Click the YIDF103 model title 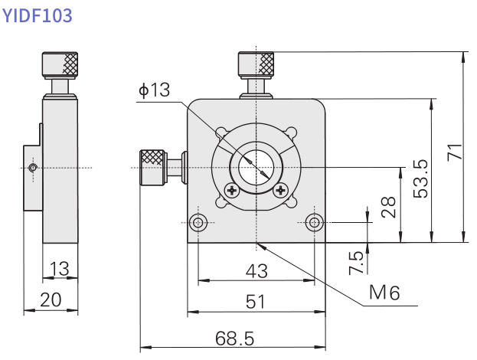[38, 15]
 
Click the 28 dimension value [389, 206]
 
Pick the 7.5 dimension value [357, 262]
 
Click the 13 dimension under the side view [59, 269]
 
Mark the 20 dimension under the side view [51, 300]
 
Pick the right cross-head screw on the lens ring [281, 190]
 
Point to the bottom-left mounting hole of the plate [199, 222]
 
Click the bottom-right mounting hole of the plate [312, 222]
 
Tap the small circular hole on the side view [31, 168]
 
